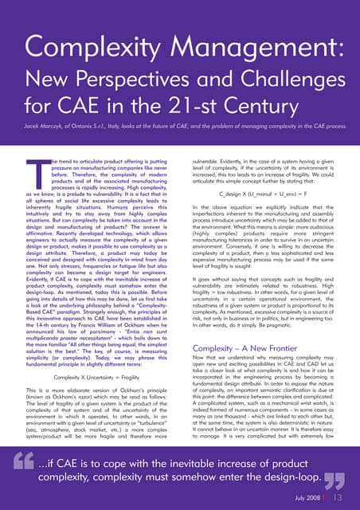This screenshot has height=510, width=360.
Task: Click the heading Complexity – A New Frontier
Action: point(251,348)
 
